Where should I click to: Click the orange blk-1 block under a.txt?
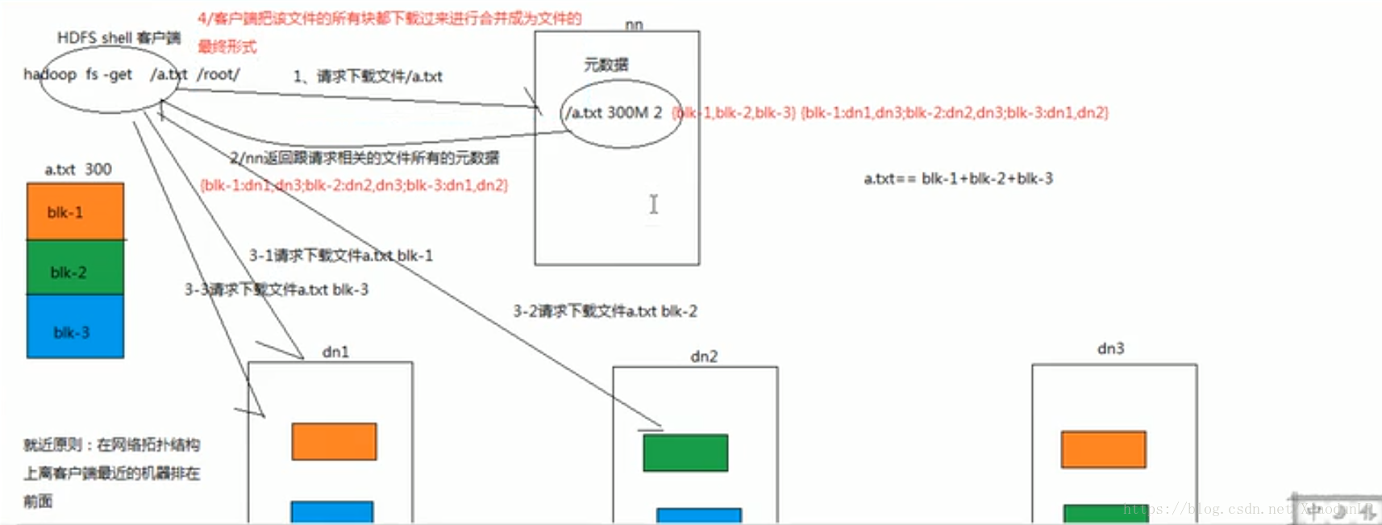75,211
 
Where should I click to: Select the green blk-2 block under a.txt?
75,268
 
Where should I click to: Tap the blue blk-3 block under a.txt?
75,327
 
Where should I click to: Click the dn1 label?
335,352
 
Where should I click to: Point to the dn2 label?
704,356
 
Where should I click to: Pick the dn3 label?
1110,348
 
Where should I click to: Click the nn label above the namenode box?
634,25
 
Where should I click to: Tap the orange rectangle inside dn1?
334,441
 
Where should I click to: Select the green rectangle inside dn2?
685,452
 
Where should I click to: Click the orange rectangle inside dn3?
1103,449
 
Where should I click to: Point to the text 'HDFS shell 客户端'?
119,38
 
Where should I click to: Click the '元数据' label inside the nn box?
606,65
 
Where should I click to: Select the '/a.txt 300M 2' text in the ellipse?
614,113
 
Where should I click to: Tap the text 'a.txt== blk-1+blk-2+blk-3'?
958,178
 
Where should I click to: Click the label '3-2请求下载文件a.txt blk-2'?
605,310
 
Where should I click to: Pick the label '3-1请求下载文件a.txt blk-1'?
340,255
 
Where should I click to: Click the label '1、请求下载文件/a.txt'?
368,77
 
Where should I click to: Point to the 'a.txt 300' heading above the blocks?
78,169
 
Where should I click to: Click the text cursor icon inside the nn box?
654,204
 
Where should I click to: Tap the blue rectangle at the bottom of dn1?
331,512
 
